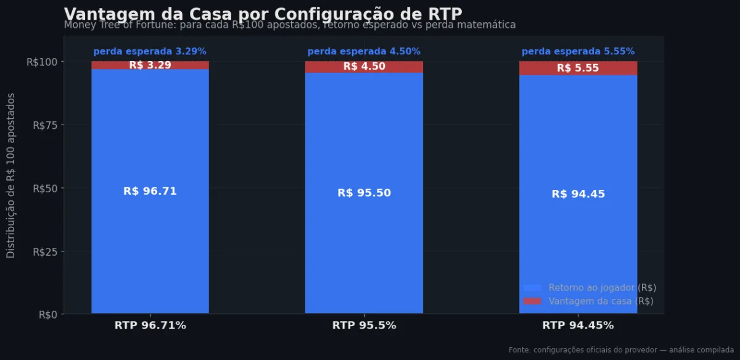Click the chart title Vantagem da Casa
pyautogui.click(x=263, y=14)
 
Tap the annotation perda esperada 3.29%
pyautogui.click(x=150, y=52)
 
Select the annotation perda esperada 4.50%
pyautogui.click(x=364, y=52)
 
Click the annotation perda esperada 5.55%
pyautogui.click(x=578, y=52)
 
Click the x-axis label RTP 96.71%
pyautogui.click(x=150, y=325)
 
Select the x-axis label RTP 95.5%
pyautogui.click(x=364, y=325)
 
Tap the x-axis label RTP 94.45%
pyautogui.click(x=578, y=325)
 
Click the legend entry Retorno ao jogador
pyautogui.click(x=602, y=287)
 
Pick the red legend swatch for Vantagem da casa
pyautogui.click(x=532, y=301)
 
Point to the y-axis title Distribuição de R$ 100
pyautogui.click(x=11, y=176)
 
